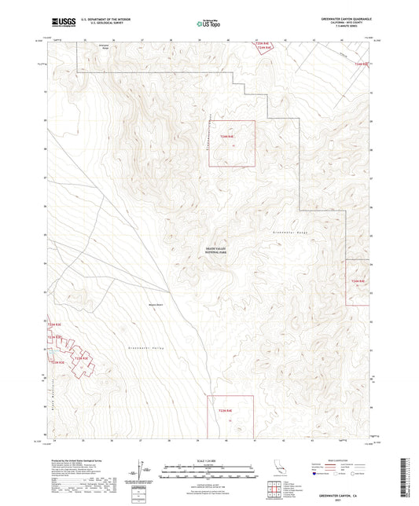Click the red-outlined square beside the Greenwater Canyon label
coord(232,143)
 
